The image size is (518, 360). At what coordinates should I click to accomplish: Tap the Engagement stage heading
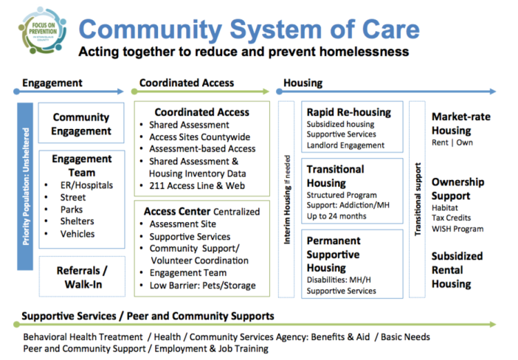tap(52, 83)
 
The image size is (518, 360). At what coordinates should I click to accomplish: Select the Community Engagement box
tap(81, 124)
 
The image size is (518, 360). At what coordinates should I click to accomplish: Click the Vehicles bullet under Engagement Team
tap(77, 234)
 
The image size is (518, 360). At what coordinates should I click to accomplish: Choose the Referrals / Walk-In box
tap(81, 277)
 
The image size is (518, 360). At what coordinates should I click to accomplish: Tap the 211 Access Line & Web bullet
tap(197, 185)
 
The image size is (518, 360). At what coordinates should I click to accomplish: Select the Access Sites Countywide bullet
tap(199, 137)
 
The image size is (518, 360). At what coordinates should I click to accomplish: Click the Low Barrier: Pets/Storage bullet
tap(202, 285)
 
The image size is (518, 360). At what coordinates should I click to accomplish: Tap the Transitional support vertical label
tap(418, 200)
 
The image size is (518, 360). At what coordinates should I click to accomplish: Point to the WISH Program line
tap(457, 229)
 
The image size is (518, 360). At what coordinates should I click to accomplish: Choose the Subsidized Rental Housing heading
tap(457, 270)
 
